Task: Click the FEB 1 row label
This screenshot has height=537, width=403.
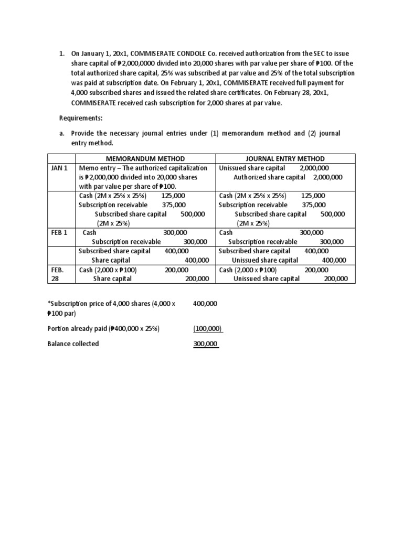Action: tap(59, 232)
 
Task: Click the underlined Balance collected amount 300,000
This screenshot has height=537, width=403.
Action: tap(206, 343)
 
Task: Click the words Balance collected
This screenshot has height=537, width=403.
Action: tap(73, 343)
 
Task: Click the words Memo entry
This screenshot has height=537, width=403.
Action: tap(97, 168)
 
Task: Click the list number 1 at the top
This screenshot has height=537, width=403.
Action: tap(61, 54)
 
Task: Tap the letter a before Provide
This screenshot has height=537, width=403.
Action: tap(61, 133)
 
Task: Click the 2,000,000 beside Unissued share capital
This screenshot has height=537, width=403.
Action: tap(315, 168)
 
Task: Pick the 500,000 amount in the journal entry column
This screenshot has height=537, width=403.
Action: tap(333, 214)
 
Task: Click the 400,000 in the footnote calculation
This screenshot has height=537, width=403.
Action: tap(205, 304)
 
